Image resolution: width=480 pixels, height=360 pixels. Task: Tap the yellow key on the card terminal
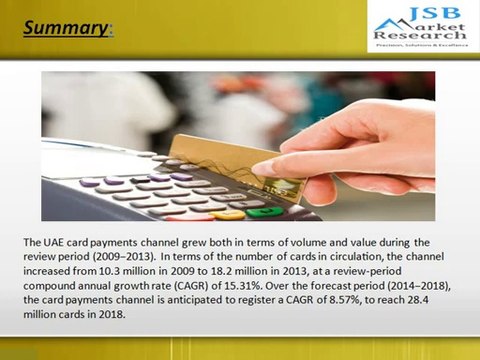tap(227, 214)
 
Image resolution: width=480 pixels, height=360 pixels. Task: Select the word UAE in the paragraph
tap(59, 242)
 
